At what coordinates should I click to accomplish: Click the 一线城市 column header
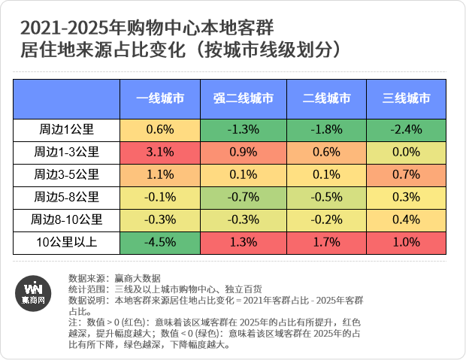[160, 98]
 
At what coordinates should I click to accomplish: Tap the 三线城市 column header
[407, 98]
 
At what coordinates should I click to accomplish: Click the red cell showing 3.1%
[160, 152]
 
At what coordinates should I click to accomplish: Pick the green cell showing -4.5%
[160, 243]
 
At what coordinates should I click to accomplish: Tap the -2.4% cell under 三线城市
[407, 129]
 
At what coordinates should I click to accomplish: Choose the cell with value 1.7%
[325, 243]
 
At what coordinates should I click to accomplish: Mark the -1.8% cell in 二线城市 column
[325, 129]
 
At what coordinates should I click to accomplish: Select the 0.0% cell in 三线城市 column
[407, 152]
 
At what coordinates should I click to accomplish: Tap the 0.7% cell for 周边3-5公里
[407, 174]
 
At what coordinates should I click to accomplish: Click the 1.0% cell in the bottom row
[407, 243]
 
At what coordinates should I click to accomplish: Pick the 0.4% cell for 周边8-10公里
[407, 220]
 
